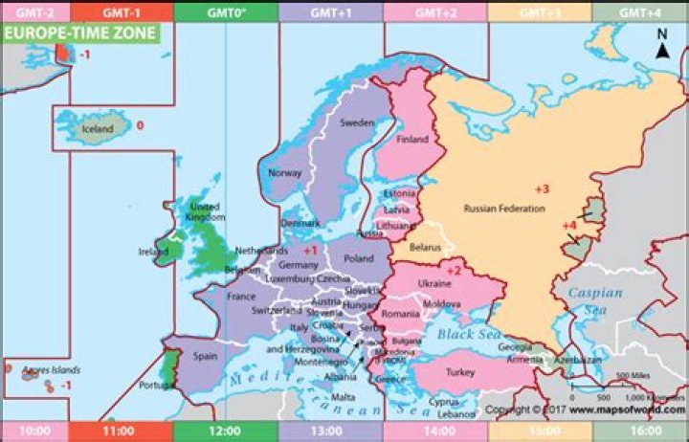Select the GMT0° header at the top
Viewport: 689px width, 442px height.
[x=225, y=11]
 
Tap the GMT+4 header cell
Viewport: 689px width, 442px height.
[x=640, y=11]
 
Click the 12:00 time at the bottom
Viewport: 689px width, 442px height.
[x=225, y=431]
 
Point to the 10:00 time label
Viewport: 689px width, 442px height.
[x=34, y=431]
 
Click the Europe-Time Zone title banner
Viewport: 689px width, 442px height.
[x=80, y=33]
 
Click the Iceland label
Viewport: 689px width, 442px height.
[x=97, y=129]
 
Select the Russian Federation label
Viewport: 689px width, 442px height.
[x=503, y=209]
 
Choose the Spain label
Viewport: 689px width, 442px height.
[x=205, y=356]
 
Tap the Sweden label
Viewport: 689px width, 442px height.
[x=357, y=123]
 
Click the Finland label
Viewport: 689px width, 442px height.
[x=412, y=140]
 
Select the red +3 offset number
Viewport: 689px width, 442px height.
[x=542, y=188]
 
